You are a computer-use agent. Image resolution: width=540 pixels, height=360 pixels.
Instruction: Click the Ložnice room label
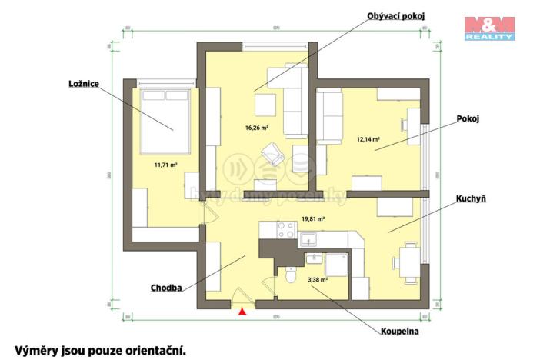[84, 83]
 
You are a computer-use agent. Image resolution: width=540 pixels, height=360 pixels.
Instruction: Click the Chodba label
[166, 289]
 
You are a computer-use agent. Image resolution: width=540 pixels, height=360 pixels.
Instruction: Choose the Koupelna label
[400, 332]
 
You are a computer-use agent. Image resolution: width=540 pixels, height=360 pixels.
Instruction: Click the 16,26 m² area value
[256, 128]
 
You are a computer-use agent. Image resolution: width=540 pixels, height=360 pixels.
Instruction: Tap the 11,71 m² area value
[166, 163]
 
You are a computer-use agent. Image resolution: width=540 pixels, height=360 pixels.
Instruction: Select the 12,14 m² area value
[368, 140]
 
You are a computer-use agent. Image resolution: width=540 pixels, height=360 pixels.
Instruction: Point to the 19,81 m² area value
[313, 218]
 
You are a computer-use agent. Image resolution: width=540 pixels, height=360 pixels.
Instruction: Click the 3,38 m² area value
[317, 280]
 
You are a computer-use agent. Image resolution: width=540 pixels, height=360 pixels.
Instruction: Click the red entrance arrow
[243, 311]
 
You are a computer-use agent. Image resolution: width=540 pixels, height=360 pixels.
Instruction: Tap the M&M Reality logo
[489, 28]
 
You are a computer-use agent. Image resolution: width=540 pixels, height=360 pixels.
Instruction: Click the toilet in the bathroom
[290, 275]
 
